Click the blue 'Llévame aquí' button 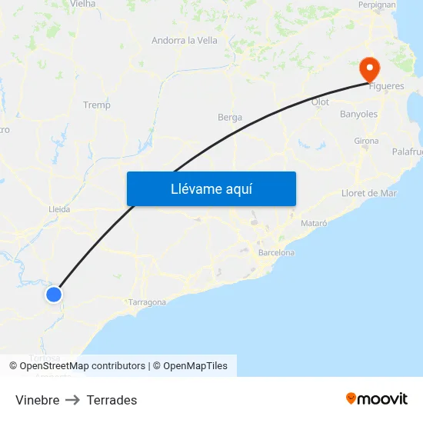point(211,188)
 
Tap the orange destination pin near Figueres point(370,69)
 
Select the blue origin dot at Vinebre point(54,294)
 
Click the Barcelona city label point(276,252)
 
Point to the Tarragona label point(147,302)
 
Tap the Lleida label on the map point(59,208)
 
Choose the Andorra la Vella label point(185,41)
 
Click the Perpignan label point(377,5)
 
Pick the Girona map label point(366,142)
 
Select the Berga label point(230,118)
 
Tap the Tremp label point(97,105)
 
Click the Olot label point(320,102)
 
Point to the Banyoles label point(358,114)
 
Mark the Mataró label point(314,223)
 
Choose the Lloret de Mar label point(369,193)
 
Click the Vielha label point(82,4)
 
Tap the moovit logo point(376,398)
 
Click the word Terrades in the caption point(112,400)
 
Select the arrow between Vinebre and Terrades point(73,400)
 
